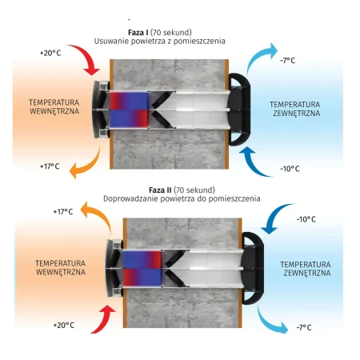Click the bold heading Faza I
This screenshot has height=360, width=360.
[138, 33]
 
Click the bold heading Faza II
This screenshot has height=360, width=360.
[160, 190]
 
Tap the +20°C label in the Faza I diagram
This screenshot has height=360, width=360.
[50, 53]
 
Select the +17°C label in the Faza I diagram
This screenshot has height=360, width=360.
[50, 166]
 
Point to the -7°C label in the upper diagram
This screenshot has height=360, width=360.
[288, 61]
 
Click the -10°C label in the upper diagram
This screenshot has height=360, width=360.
[290, 169]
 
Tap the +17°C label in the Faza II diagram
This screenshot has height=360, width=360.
[63, 212]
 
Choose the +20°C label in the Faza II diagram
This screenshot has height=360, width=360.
[64, 326]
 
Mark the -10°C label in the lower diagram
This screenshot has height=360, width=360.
[306, 219]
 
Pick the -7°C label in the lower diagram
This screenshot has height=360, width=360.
[304, 327]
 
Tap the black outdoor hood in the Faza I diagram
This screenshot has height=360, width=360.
[239, 110]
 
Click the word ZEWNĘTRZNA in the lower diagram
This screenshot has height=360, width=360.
[307, 273]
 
